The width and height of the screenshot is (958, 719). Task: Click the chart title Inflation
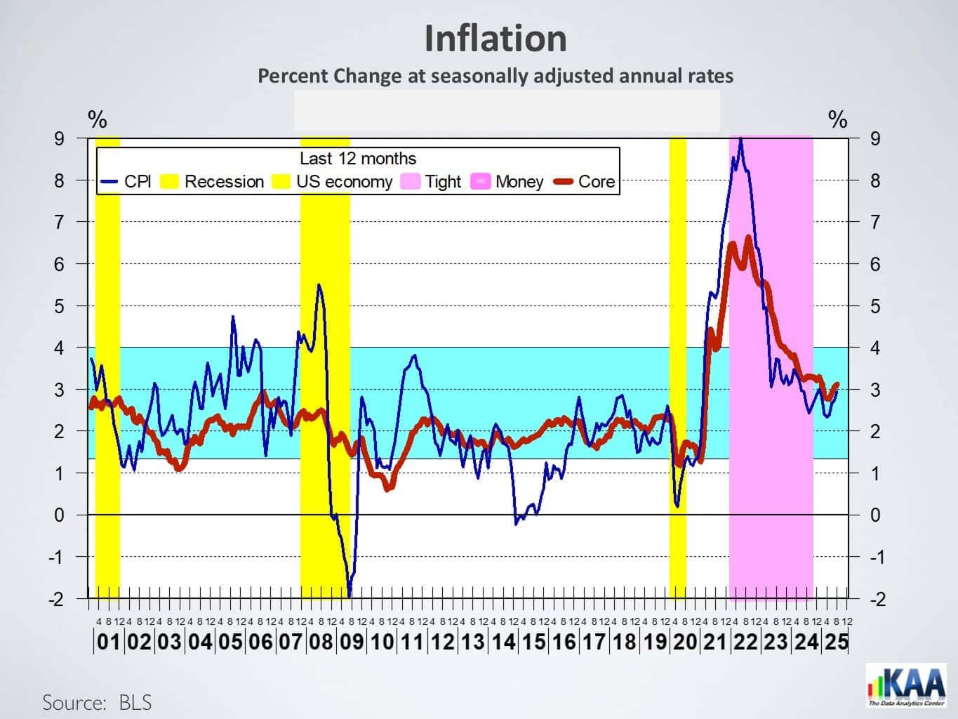tap(495, 39)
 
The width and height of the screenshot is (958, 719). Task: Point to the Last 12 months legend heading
tap(358, 159)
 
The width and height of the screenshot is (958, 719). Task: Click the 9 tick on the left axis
tap(60, 139)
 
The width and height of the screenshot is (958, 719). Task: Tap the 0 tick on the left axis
tap(60, 515)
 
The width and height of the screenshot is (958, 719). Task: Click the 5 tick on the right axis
tap(874, 307)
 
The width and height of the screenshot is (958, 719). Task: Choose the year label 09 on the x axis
tap(351, 642)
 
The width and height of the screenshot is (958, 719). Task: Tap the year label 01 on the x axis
tap(108, 642)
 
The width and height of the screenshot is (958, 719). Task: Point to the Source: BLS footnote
tap(97, 703)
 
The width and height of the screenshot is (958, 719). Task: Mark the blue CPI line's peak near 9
tap(740, 139)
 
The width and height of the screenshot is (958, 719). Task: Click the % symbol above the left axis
tap(97, 120)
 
